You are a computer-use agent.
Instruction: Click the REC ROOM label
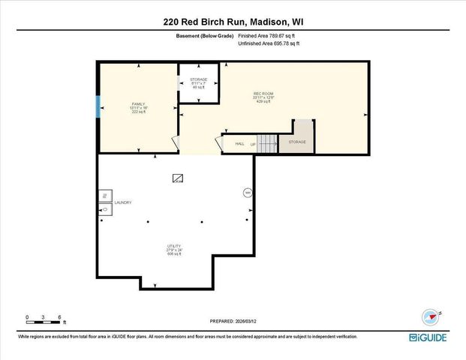tap(263, 94)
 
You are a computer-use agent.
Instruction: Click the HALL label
tap(240, 143)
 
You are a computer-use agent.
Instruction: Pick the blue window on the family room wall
tap(98, 107)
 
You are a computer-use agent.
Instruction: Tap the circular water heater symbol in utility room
tap(248, 193)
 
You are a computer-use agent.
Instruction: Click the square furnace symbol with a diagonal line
tap(178, 178)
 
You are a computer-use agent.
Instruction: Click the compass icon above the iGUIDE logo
tap(430, 316)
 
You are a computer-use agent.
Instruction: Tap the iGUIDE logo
tap(428, 337)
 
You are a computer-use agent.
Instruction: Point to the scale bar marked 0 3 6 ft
tap(44, 321)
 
